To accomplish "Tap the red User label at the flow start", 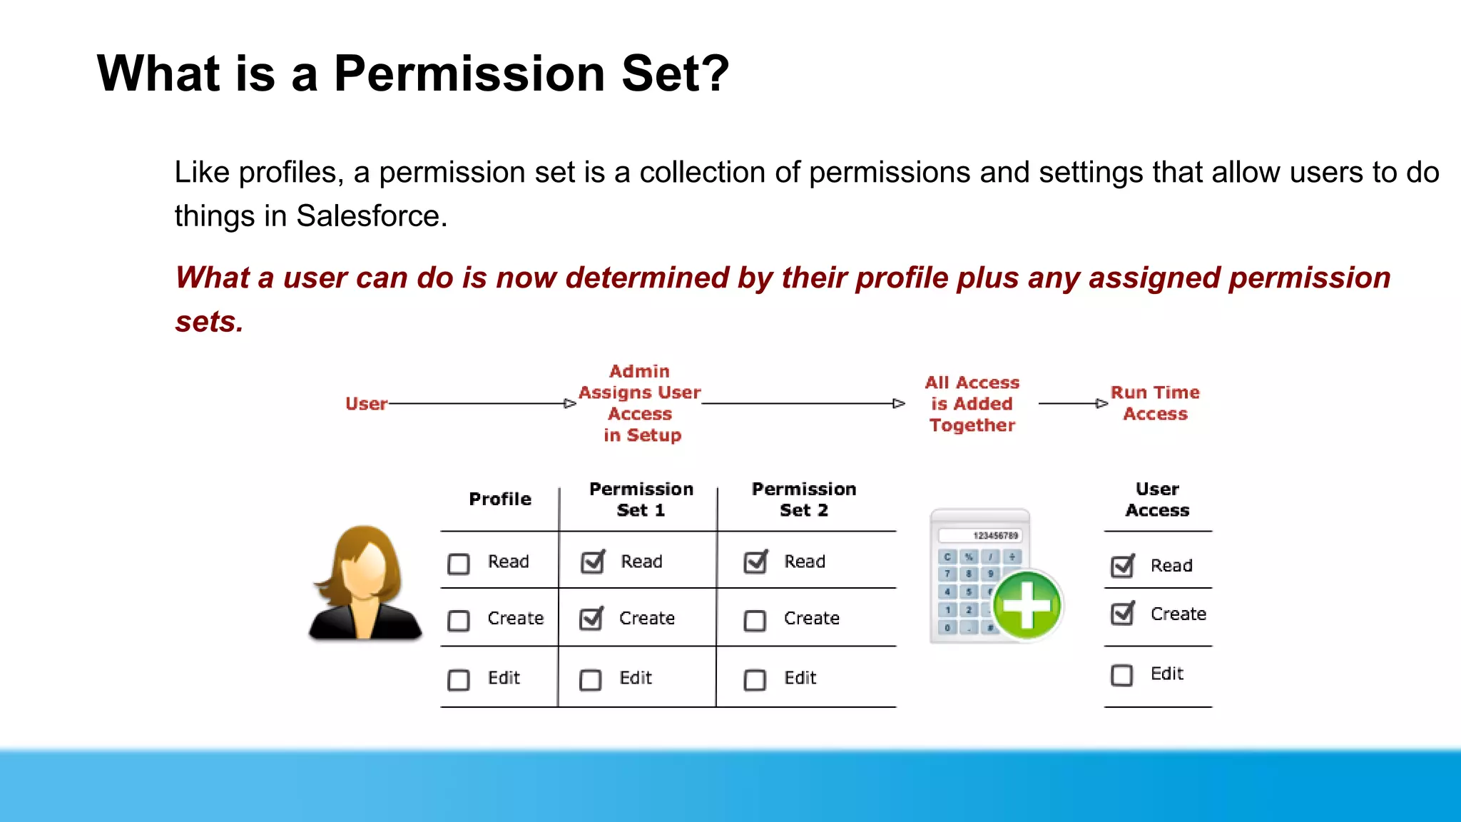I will [x=366, y=404].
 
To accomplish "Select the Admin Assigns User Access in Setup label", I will [x=640, y=403].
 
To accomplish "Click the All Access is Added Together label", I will [x=972, y=404].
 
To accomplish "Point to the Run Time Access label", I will [x=1155, y=403].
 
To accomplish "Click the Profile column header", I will [x=500, y=499].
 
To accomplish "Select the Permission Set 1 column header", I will [x=641, y=499].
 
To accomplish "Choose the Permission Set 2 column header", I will [x=804, y=499].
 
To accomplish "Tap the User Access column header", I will [x=1157, y=499].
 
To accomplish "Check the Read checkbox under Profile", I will [x=459, y=564].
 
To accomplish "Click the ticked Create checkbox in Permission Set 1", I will [x=591, y=619].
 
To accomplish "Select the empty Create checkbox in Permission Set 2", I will [x=755, y=620].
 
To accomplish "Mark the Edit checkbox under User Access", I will [x=1122, y=675].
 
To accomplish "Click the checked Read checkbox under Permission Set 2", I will [x=755, y=562].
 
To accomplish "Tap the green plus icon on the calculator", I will [x=1027, y=606].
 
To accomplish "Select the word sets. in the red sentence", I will [x=210, y=322].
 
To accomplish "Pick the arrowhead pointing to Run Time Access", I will [x=1101, y=404].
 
